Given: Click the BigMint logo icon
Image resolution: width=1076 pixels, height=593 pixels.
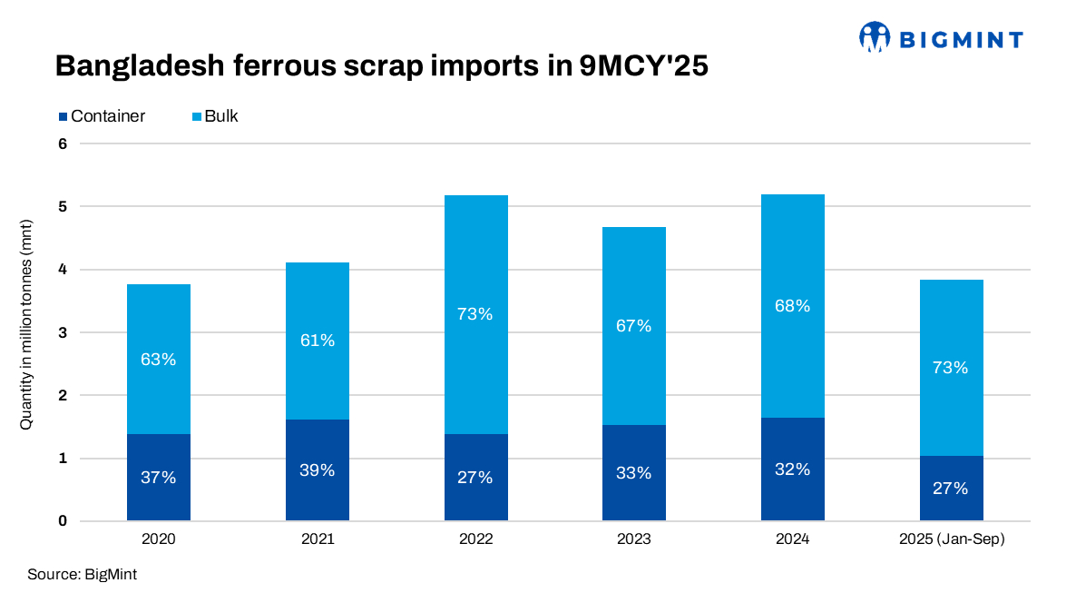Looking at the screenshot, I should tap(874, 37).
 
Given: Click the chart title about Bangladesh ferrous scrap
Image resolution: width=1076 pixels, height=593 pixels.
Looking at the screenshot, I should tap(380, 66).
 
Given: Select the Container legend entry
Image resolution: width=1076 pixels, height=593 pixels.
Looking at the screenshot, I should tap(103, 116).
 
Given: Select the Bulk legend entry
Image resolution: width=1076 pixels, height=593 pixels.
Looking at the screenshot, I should tap(215, 116).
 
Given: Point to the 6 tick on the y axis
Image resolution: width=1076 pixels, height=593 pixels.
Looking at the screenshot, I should tap(63, 143).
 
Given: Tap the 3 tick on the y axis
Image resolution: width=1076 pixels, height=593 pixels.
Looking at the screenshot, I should tap(63, 332).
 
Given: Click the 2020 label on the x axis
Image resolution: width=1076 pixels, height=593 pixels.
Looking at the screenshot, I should tap(158, 539).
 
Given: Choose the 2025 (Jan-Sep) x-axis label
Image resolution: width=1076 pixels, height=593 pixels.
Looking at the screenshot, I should tap(951, 539).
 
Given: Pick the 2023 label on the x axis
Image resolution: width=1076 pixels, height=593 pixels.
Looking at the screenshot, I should tap(633, 539).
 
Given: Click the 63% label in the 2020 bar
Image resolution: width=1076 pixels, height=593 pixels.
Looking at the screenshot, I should tap(158, 360).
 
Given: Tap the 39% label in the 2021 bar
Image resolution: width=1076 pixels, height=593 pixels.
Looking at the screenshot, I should tap(318, 470).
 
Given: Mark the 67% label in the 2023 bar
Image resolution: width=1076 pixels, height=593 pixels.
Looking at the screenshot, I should tap(633, 326).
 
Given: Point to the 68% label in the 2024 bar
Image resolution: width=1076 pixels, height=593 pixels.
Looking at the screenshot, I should tap(792, 306).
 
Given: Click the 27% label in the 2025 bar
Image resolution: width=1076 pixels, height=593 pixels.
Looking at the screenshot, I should tap(951, 489).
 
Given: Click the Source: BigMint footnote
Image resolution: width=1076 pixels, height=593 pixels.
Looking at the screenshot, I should tap(82, 575).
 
